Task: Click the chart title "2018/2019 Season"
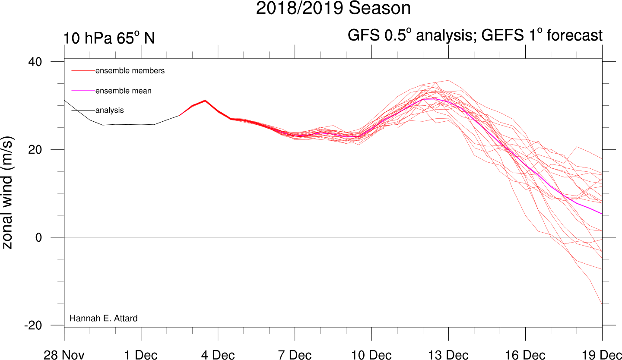(x=333, y=8)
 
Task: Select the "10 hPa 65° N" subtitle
(x=109, y=38)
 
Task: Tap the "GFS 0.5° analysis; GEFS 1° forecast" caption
(x=475, y=35)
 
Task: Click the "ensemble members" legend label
(x=130, y=71)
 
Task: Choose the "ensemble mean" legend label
(x=123, y=91)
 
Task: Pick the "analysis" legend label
(x=109, y=110)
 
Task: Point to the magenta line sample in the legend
(x=83, y=91)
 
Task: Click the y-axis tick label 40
(x=35, y=62)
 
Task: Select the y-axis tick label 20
(x=35, y=150)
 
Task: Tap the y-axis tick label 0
(x=38, y=237)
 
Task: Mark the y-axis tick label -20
(x=33, y=325)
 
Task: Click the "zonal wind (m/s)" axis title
(x=7, y=193)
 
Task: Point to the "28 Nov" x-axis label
(x=64, y=355)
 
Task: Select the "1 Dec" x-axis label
(x=141, y=355)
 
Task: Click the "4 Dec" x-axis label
(x=218, y=355)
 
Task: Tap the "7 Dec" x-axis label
(x=295, y=355)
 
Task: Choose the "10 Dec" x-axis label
(x=371, y=355)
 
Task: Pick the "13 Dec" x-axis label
(x=448, y=355)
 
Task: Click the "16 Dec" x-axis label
(x=525, y=355)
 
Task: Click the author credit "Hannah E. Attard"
(x=104, y=318)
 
